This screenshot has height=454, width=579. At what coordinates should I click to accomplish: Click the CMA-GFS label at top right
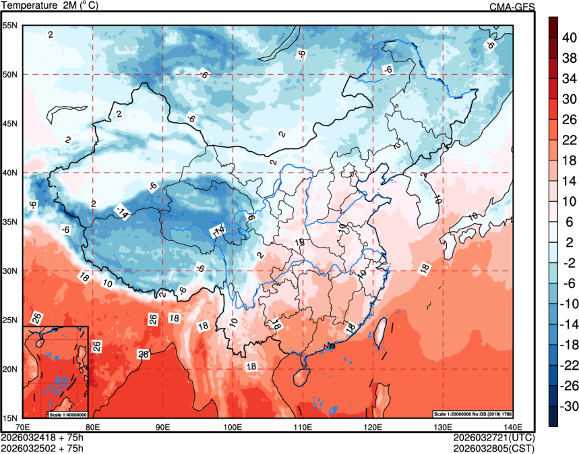pyautogui.click(x=512, y=7)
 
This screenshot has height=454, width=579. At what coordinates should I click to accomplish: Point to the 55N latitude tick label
pyautogui.click(x=11, y=26)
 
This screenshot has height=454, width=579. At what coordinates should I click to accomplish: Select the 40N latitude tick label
pyautogui.click(x=11, y=173)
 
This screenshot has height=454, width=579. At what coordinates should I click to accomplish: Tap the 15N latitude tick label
pyautogui.click(x=11, y=418)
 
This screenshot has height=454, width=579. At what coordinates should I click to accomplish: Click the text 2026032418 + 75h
pyautogui.click(x=42, y=437)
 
